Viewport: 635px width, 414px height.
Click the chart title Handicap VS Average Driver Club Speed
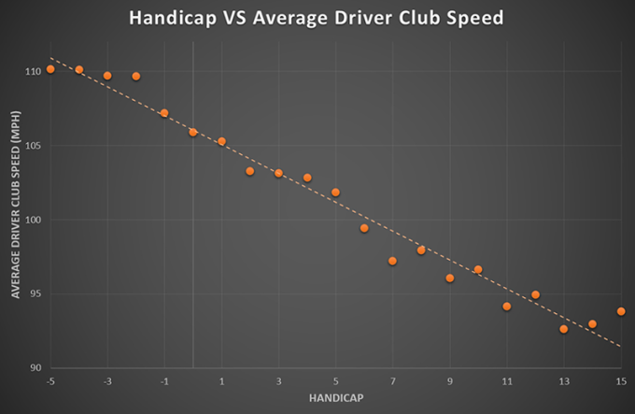tap(317, 19)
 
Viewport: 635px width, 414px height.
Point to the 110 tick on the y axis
tap(34, 71)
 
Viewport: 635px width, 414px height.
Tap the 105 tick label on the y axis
tap(34, 146)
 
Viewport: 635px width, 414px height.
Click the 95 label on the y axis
tap(35, 293)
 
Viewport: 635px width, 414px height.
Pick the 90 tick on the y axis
tap(35, 367)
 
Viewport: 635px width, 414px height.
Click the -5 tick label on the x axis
tap(50, 380)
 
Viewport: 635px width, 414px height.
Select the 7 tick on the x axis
tap(392, 380)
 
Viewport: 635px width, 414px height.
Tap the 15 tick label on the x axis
tap(620, 380)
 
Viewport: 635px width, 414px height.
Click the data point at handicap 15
tap(620, 311)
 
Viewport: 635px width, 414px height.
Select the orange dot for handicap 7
tap(392, 261)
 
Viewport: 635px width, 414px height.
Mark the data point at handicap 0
tap(193, 133)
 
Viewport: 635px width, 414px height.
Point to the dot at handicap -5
tap(50, 69)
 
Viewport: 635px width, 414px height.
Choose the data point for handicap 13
tap(563, 329)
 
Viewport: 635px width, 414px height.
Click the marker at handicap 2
tap(250, 171)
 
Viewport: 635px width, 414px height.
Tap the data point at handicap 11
tap(506, 306)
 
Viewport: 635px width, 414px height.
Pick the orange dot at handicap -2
tap(136, 76)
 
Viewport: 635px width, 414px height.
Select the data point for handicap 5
tap(335, 193)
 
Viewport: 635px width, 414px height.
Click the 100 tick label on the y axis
tap(34, 220)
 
